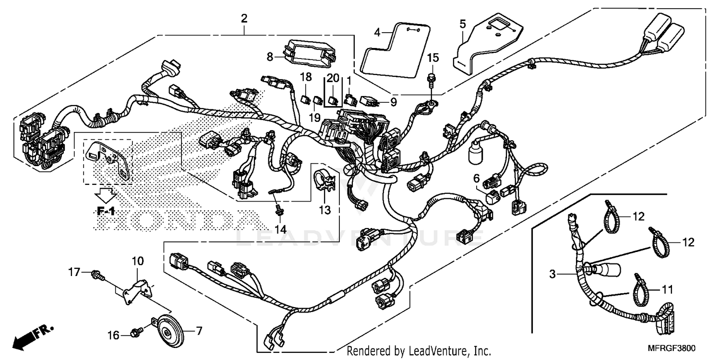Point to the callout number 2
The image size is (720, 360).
tap(244, 19)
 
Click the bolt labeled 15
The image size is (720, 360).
tap(431, 79)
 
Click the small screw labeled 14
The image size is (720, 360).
tap(278, 210)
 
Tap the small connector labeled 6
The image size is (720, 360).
tap(493, 196)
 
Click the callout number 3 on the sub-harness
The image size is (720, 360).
tap(552, 275)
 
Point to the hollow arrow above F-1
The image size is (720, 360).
tap(105, 194)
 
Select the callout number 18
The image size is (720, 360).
tap(306, 77)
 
